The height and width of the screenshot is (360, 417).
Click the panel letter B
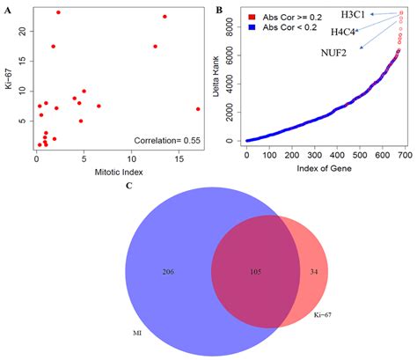(218, 9)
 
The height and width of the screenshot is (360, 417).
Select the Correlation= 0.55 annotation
(170, 140)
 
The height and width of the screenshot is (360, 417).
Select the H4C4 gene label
(344, 33)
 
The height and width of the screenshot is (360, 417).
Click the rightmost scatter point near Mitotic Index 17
(198, 109)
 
